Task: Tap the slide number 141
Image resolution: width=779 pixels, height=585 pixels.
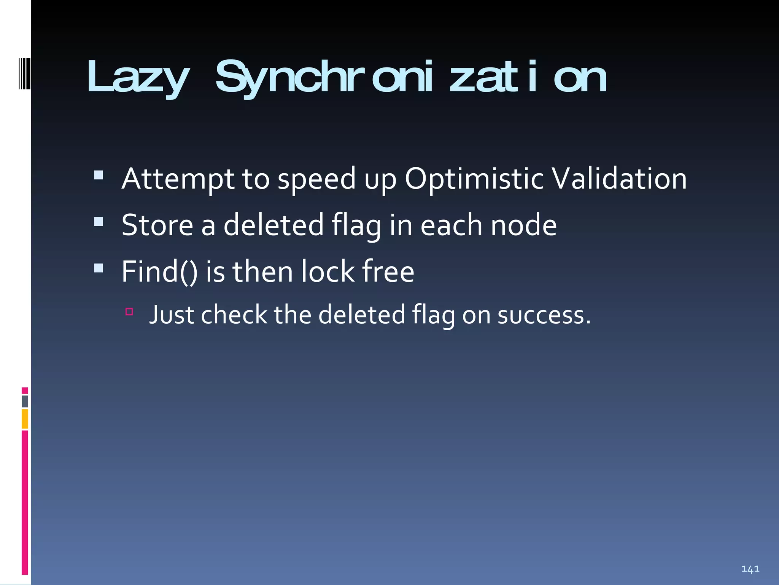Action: point(750,569)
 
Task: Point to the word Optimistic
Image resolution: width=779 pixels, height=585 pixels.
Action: point(474,179)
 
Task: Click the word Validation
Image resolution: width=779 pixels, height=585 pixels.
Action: point(619,179)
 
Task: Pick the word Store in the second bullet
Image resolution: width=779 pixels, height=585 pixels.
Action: point(157,225)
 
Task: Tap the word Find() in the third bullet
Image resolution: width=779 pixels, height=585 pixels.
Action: point(159,272)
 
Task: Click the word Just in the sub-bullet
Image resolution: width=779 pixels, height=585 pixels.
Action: point(171,315)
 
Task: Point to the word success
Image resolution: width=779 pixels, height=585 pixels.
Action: point(544,316)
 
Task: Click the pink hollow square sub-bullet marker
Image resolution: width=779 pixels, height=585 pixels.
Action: point(129,312)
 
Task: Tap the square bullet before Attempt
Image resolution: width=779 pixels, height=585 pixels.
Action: point(99,175)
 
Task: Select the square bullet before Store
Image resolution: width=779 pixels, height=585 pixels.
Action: point(99,222)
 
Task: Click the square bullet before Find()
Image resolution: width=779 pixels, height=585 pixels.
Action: point(99,268)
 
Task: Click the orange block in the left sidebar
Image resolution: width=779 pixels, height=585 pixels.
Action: point(25,419)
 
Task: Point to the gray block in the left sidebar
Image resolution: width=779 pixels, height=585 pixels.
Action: point(25,401)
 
